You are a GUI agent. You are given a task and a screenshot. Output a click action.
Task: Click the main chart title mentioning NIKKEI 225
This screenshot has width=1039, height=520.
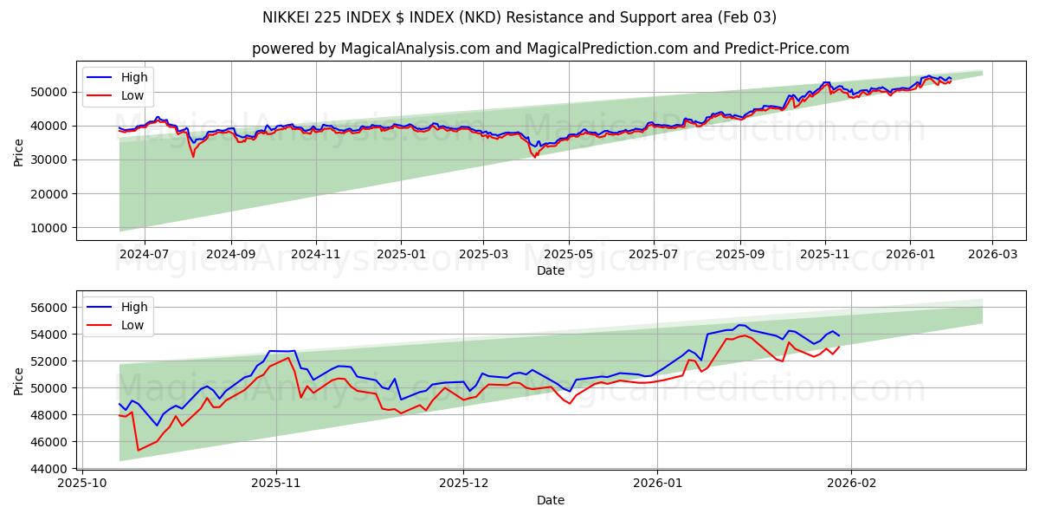[x=519, y=17]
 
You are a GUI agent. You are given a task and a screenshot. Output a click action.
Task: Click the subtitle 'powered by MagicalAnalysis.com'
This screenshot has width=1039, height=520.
[x=550, y=49]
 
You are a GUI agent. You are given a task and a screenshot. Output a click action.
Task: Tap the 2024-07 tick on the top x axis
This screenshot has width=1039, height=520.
[x=144, y=255]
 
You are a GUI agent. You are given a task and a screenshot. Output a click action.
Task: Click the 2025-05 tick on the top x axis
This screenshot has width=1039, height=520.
[x=569, y=255]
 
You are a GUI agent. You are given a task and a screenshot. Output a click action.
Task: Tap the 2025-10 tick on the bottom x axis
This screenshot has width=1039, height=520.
[x=83, y=484]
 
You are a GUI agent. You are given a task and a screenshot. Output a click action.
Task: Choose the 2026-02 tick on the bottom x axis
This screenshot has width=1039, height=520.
[x=852, y=484]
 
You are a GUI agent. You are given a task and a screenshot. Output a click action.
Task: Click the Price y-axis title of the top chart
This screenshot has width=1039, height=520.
[x=19, y=152]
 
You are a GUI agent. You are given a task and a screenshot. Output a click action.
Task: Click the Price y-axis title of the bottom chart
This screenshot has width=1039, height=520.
[x=19, y=381]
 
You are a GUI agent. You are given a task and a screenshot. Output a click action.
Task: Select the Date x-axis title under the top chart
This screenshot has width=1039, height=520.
[x=550, y=270]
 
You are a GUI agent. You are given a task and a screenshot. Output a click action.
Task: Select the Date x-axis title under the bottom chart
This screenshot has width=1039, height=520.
[x=550, y=500]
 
